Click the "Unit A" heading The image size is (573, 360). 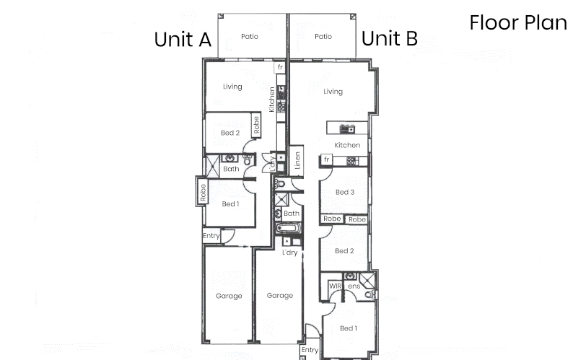click(183, 40)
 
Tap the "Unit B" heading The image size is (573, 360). click(390, 38)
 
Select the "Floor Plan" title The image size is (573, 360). click(518, 22)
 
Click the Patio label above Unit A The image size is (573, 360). click(250, 37)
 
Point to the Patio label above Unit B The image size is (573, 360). click(323, 37)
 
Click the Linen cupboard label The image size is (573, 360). click(297, 160)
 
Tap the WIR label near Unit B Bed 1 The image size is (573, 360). click(335, 286)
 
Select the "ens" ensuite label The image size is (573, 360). click(354, 286)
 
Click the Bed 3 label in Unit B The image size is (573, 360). click(345, 192)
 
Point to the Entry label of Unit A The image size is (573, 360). click(211, 236)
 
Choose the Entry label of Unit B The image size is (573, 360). click(310, 350)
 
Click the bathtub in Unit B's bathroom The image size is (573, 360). click(289, 229)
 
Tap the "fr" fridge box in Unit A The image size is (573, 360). click(280, 67)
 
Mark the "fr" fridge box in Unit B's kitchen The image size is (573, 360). click(326, 159)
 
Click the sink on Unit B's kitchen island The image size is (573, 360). click(347, 128)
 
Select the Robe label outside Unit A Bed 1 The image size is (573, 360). click(203, 193)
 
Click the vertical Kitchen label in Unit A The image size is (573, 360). click(271, 100)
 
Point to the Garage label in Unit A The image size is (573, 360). click(229, 296)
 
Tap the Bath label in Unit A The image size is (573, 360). click(231, 169)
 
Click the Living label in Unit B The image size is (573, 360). click(333, 92)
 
